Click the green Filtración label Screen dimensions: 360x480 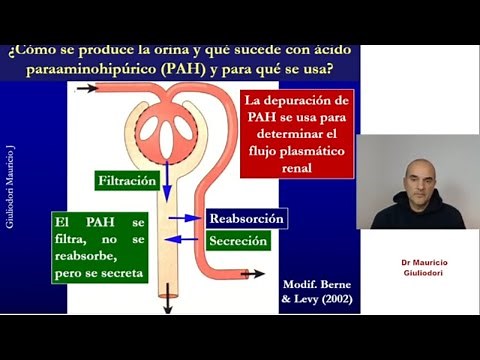point(127,181)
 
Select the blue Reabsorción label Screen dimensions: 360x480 point(246,218)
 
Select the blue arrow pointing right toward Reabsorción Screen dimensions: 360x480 point(185,217)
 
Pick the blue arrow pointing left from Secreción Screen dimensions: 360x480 point(185,239)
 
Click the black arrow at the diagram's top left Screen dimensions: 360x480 point(87,88)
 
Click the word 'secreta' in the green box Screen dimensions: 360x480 point(120,272)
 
